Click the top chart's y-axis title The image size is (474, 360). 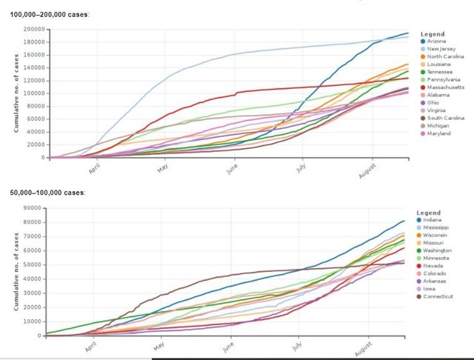tap(16, 93)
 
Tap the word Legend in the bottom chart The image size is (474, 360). tap(432, 210)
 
